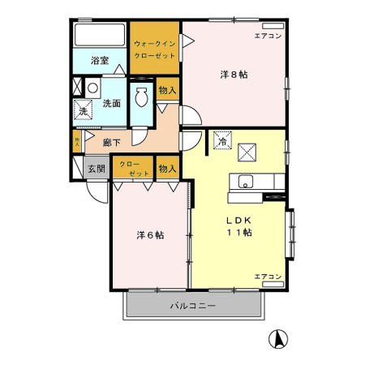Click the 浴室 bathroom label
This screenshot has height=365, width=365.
(x=100, y=60)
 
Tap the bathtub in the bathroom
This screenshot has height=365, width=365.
(x=99, y=36)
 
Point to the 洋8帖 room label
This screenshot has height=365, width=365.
(x=234, y=75)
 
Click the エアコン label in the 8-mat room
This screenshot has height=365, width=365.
(x=267, y=36)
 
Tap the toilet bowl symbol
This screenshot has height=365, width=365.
(x=142, y=97)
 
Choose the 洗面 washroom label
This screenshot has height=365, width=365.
(x=112, y=104)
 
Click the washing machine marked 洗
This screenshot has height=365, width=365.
(x=84, y=111)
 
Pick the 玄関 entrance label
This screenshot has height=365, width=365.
(x=97, y=169)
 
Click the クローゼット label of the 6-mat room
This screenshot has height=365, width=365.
(x=135, y=169)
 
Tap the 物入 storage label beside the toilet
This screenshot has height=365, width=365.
(x=167, y=89)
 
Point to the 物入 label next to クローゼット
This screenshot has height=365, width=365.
(x=167, y=169)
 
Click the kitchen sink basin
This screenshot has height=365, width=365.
(x=246, y=181)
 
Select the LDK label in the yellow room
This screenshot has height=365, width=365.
(x=238, y=220)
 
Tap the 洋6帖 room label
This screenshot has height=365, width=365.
(x=150, y=235)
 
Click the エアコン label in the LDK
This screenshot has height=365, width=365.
(x=267, y=277)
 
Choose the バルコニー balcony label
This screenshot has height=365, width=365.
(x=192, y=306)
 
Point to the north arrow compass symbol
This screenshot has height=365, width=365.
(x=277, y=339)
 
